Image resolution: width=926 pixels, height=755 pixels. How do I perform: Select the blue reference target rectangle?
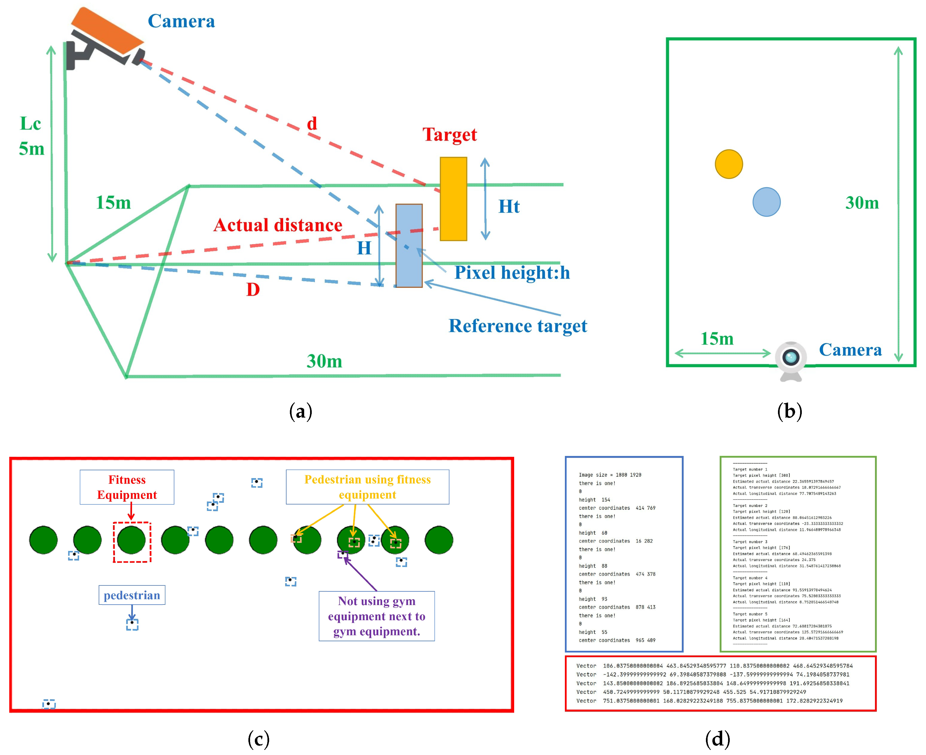(408, 246)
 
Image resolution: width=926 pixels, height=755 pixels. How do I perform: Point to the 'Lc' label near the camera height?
(31, 124)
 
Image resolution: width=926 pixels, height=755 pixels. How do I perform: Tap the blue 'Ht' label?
(509, 207)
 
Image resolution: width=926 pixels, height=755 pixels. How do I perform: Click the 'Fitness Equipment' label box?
(127, 487)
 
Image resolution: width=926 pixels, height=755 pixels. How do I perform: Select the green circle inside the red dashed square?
(131, 540)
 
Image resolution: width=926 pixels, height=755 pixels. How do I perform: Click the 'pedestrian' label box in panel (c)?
(132, 595)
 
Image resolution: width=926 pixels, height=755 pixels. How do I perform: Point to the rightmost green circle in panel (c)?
(438, 540)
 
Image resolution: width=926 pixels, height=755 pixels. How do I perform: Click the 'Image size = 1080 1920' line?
(609, 475)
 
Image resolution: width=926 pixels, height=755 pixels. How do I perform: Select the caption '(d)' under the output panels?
(717, 739)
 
